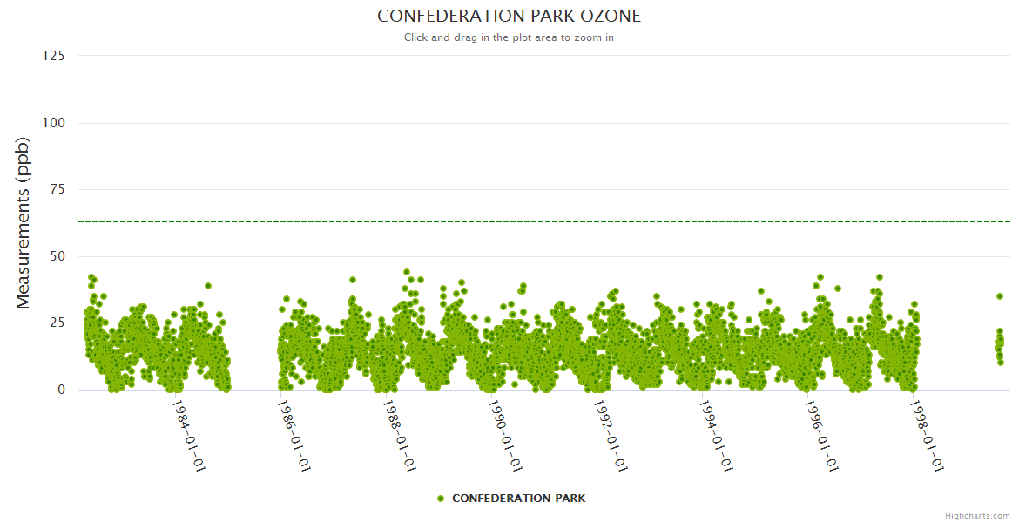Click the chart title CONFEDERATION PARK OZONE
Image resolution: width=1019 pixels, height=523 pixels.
click(x=509, y=16)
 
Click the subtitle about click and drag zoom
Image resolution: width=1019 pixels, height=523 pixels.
click(x=509, y=37)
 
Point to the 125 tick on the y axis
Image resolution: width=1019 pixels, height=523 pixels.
click(x=54, y=56)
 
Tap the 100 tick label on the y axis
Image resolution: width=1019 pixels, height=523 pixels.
click(x=54, y=123)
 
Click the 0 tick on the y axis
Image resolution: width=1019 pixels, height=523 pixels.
click(x=61, y=390)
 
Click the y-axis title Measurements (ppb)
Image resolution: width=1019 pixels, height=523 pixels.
click(x=24, y=223)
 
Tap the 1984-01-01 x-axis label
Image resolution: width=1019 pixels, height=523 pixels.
click(x=188, y=435)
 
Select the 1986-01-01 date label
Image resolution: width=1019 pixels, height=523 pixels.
click(x=294, y=435)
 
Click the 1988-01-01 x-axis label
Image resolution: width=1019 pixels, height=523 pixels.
click(x=400, y=435)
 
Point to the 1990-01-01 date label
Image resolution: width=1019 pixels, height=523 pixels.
click(x=505, y=435)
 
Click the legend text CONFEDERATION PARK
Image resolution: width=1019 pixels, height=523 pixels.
click(x=518, y=499)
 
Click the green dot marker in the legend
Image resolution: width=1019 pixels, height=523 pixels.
click(x=441, y=499)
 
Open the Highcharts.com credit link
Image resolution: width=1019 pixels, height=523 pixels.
click(x=977, y=516)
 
